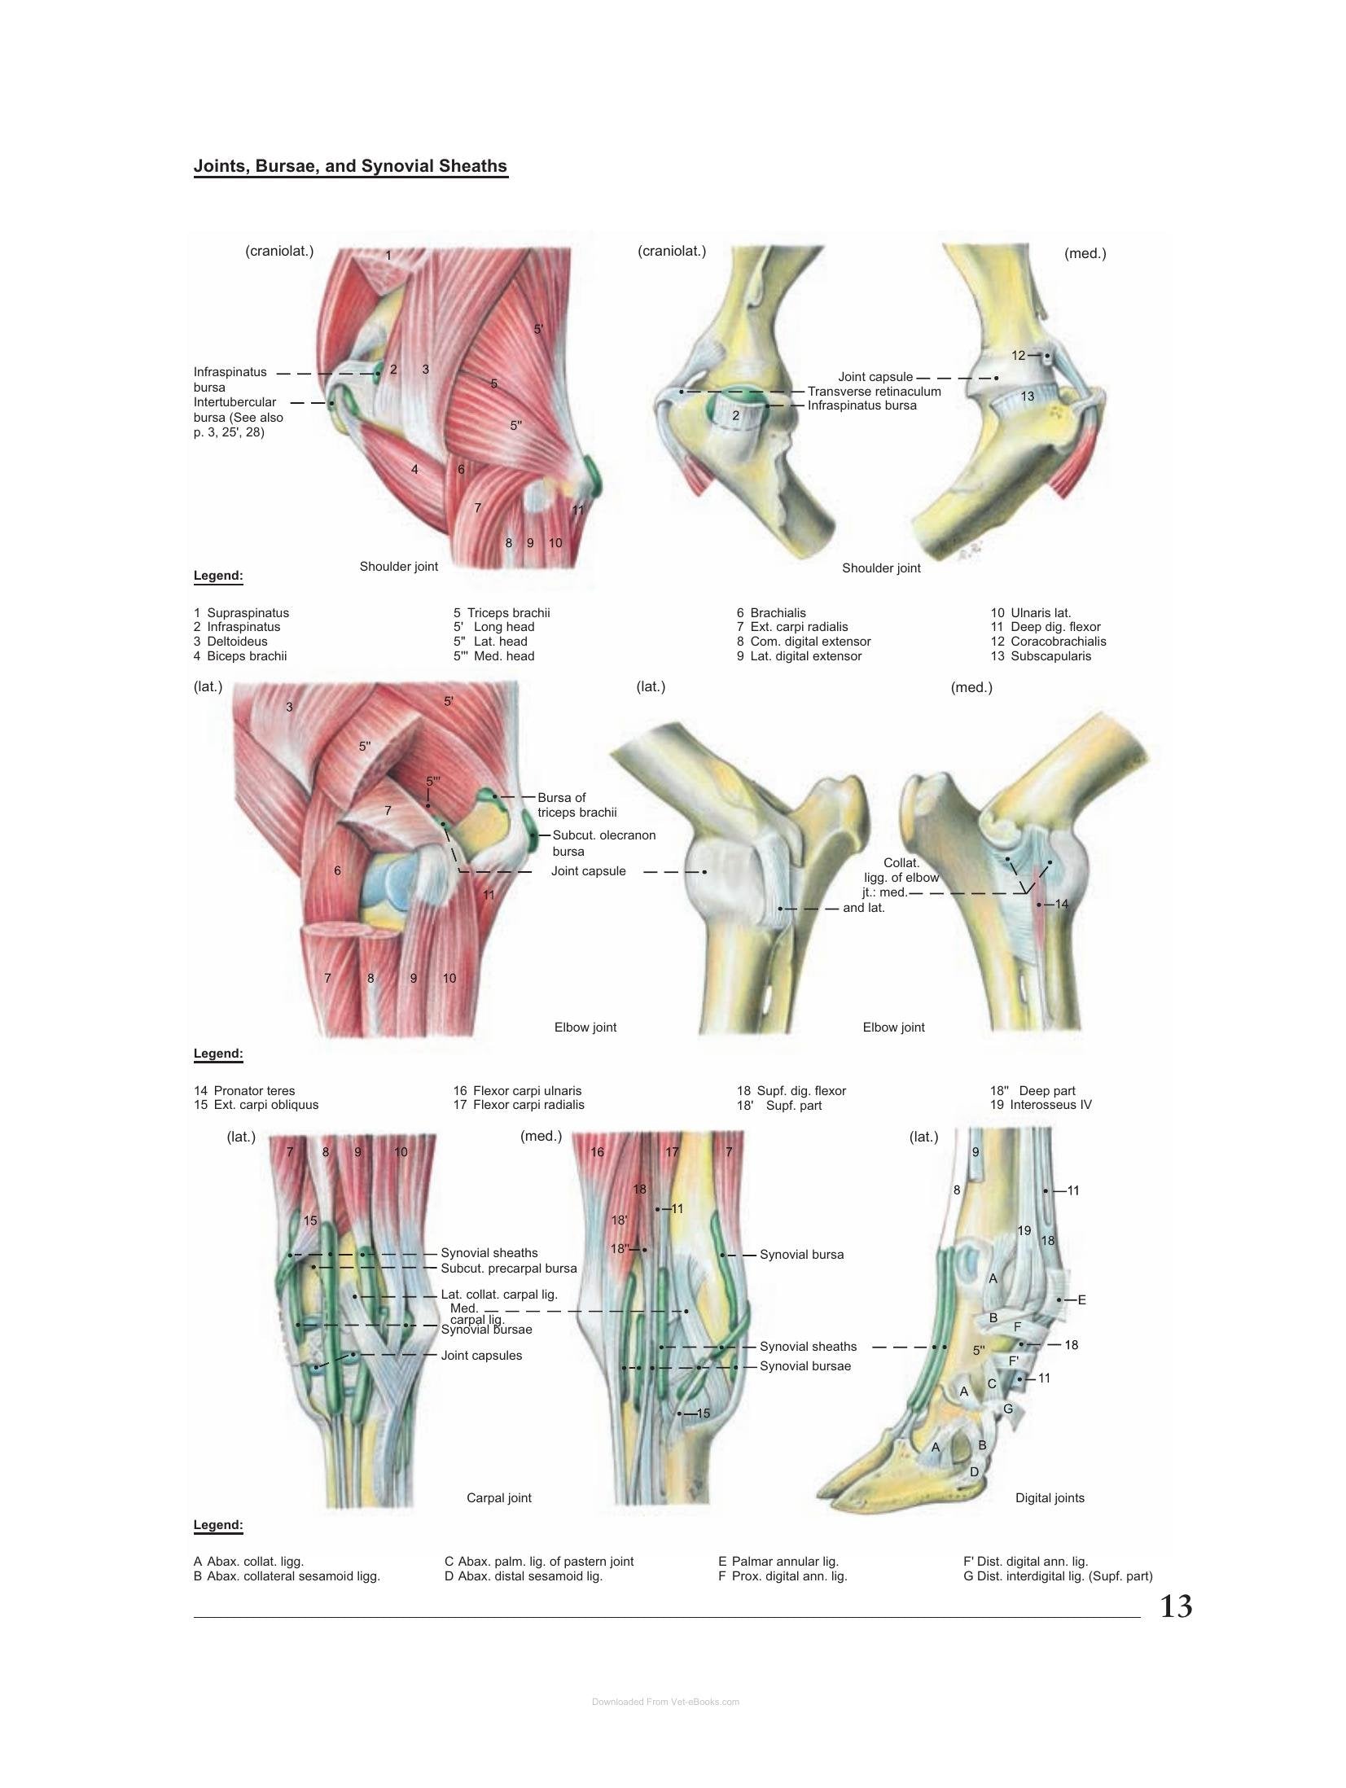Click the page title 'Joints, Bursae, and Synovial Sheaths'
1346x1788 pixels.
point(350,166)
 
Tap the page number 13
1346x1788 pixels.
point(1176,1606)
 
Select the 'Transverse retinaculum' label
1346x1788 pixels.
point(874,392)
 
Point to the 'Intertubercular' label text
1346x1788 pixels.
point(235,402)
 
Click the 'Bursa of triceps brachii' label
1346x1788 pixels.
point(577,805)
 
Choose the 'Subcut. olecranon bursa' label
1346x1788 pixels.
point(603,844)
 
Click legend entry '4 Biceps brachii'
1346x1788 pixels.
point(240,656)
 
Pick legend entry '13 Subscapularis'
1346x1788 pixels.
point(1041,656)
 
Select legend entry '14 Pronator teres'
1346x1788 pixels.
point(244,1091)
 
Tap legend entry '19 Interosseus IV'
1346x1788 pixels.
point(1041,1105)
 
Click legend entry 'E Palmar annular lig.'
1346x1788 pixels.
point(778,1562)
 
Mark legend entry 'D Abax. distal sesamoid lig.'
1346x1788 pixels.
point(523,1576)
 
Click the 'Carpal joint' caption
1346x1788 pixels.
point(499,1498)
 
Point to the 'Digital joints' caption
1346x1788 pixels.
point(1050,1498)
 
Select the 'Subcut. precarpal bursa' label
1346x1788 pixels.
point(508,1269)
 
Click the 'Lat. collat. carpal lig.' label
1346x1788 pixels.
point(498,1295)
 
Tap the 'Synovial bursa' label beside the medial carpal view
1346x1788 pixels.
point(801,1255)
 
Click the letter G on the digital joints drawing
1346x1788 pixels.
point(1008,1409)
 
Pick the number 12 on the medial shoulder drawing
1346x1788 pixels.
point(1019,355)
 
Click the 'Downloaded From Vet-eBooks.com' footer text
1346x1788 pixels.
point(665,1702)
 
